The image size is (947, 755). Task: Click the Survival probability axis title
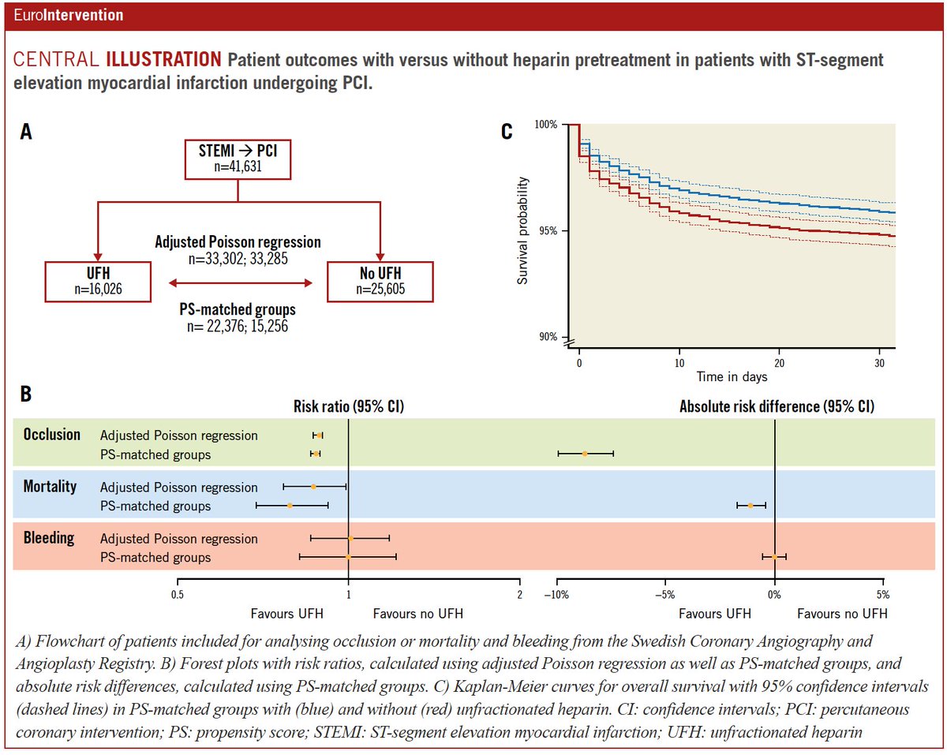[523, 231]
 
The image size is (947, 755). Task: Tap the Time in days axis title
[732, 377]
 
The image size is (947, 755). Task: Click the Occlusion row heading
[52, 435]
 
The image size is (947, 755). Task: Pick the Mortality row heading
[50, 486]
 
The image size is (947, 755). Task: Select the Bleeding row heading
[48, 538]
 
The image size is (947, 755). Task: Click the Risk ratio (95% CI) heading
[349, 406]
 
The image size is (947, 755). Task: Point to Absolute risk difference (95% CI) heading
[776, 406]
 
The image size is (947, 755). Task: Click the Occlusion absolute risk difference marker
[585, 454]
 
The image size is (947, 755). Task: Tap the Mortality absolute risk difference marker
[750, 505]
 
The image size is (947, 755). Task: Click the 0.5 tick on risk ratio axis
[177, 595]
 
